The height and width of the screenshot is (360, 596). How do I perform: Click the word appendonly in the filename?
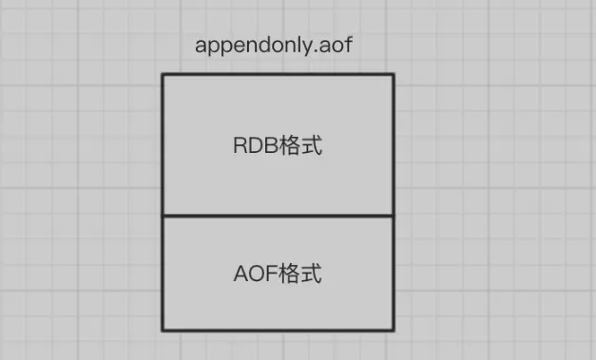click(x=255, y=46)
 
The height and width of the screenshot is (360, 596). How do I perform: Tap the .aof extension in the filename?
click(x=335, y=45)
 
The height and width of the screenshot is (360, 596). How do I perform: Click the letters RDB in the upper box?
click(x=256, y=145)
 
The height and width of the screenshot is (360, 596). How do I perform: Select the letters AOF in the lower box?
click(x=256, y=274)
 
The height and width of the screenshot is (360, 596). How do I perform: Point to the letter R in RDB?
click(x=240, y=145)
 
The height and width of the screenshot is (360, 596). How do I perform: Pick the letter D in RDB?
click(x=256, y=145)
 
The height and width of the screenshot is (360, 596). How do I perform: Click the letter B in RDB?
click(x=272, y=145)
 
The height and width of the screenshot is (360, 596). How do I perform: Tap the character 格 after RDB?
click(x=290, y=145)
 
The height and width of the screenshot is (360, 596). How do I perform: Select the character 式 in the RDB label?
click(x=312, y=145)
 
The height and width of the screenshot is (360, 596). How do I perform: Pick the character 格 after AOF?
click(x=290, y=274)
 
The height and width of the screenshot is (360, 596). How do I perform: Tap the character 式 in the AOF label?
click(x=312, y=274)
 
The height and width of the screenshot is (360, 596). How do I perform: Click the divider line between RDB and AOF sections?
click(x=278, y=216)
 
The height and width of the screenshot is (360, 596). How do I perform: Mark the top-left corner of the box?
click(x=163, y=74)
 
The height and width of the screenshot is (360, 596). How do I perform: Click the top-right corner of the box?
click(x=394, y=74)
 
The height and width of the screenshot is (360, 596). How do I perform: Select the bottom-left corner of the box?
click(x=163, y=331)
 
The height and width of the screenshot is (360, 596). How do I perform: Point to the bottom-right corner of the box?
click(x=394, y=331)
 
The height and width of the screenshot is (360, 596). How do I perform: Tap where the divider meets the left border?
click(x=163, y=216)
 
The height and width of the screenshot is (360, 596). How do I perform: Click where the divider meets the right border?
click(x=394, y=216)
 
